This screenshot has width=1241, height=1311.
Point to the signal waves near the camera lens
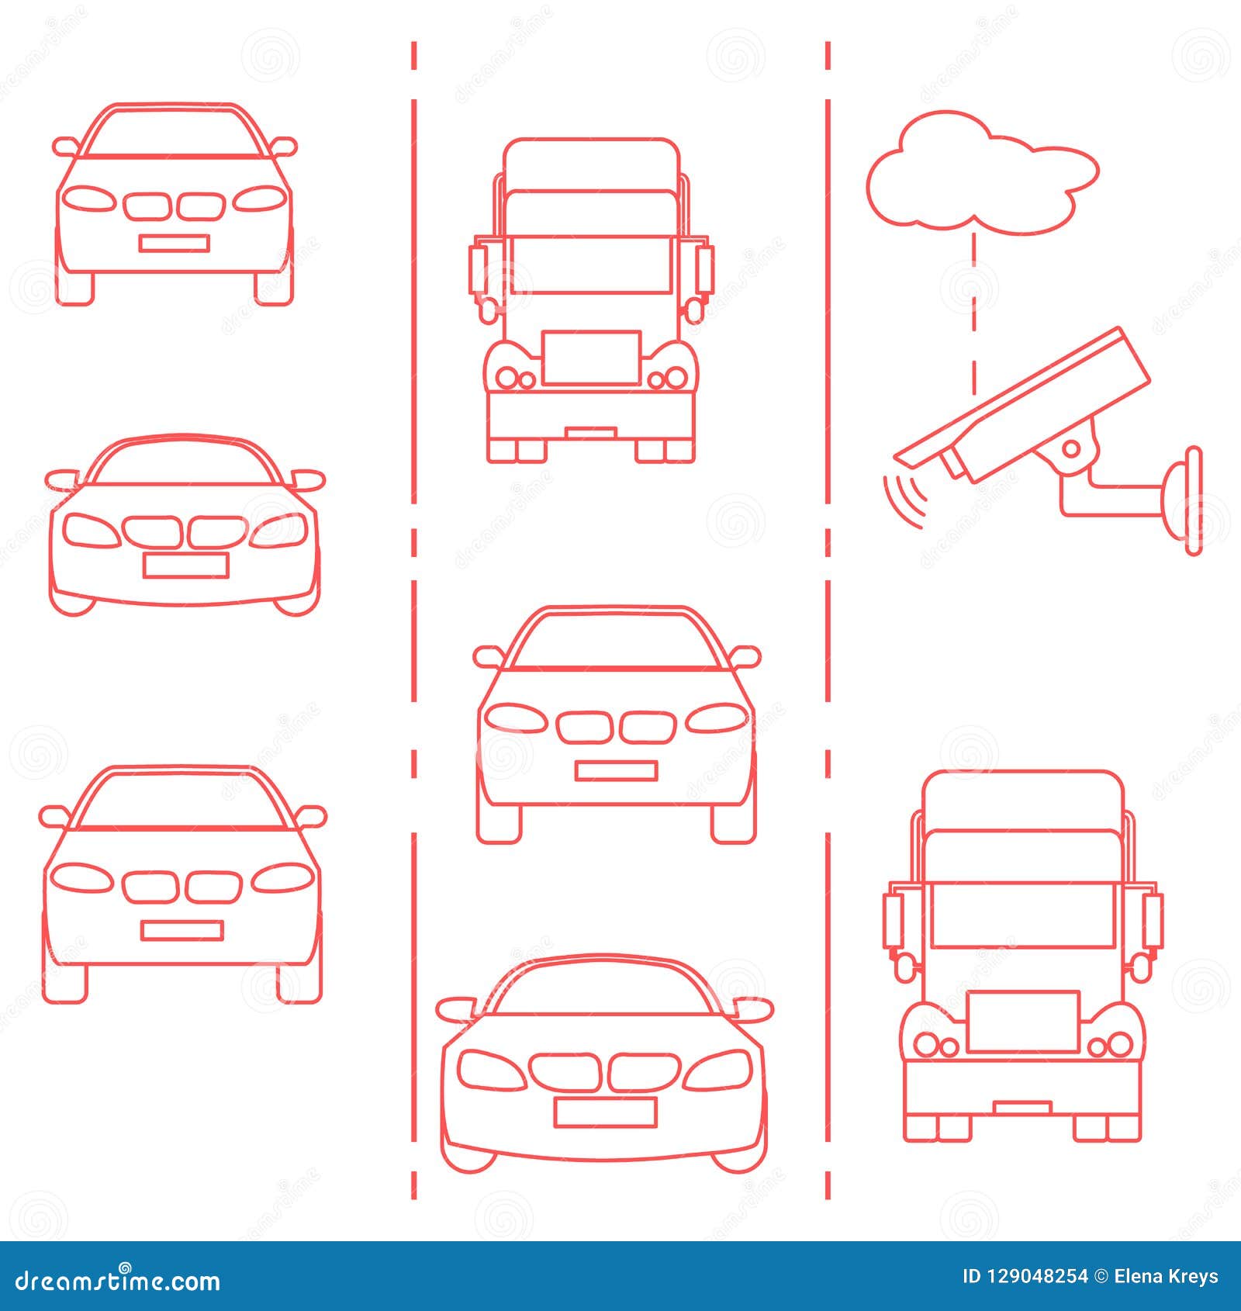904,500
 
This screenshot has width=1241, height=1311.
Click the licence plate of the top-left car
174,244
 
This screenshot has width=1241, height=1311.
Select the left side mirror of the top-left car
65,145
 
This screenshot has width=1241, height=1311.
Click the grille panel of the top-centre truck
591,358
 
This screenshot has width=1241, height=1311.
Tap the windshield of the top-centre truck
591,265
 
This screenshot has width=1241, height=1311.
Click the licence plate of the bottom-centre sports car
605,1112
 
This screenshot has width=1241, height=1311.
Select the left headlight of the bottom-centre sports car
490,1070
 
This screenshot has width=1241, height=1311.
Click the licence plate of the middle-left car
185,566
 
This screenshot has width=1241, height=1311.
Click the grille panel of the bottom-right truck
1023,1021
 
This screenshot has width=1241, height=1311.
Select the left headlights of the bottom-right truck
936,1045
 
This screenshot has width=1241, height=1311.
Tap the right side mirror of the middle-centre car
746,656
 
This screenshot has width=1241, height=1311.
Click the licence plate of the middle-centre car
616,770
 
